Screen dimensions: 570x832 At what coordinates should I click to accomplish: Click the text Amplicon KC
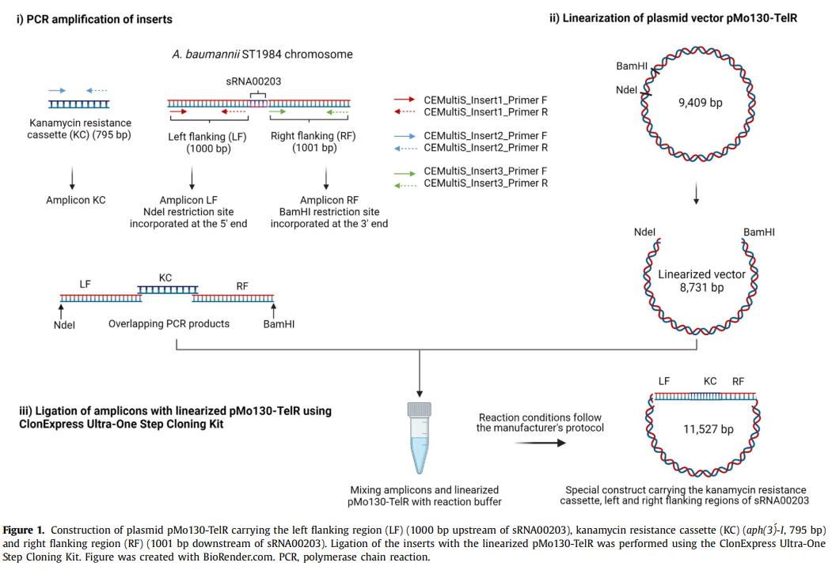75,200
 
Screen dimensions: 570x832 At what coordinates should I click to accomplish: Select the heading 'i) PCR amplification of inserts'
94,18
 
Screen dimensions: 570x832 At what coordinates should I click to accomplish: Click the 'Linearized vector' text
701,274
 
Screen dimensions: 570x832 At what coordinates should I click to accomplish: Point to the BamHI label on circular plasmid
633,67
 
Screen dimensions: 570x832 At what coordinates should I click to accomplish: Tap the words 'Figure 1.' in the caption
27,529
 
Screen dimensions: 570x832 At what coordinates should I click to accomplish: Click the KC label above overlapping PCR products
165,278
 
